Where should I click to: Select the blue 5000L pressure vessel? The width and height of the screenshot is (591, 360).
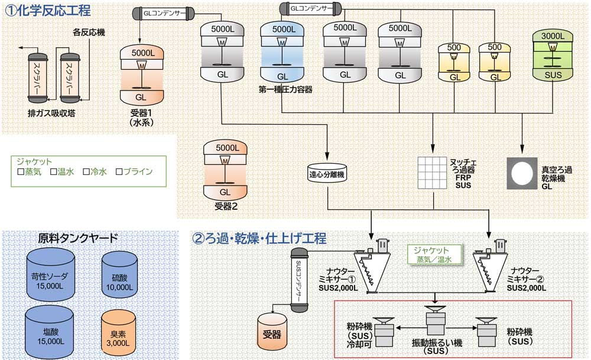[282, 53]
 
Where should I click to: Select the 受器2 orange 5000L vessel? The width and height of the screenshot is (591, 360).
[225, 170]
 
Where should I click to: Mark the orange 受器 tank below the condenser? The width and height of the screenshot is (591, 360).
[271, 331]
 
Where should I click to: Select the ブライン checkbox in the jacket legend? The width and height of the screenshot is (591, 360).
[119, 172]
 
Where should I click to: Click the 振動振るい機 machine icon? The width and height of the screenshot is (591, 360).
[435, 325]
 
